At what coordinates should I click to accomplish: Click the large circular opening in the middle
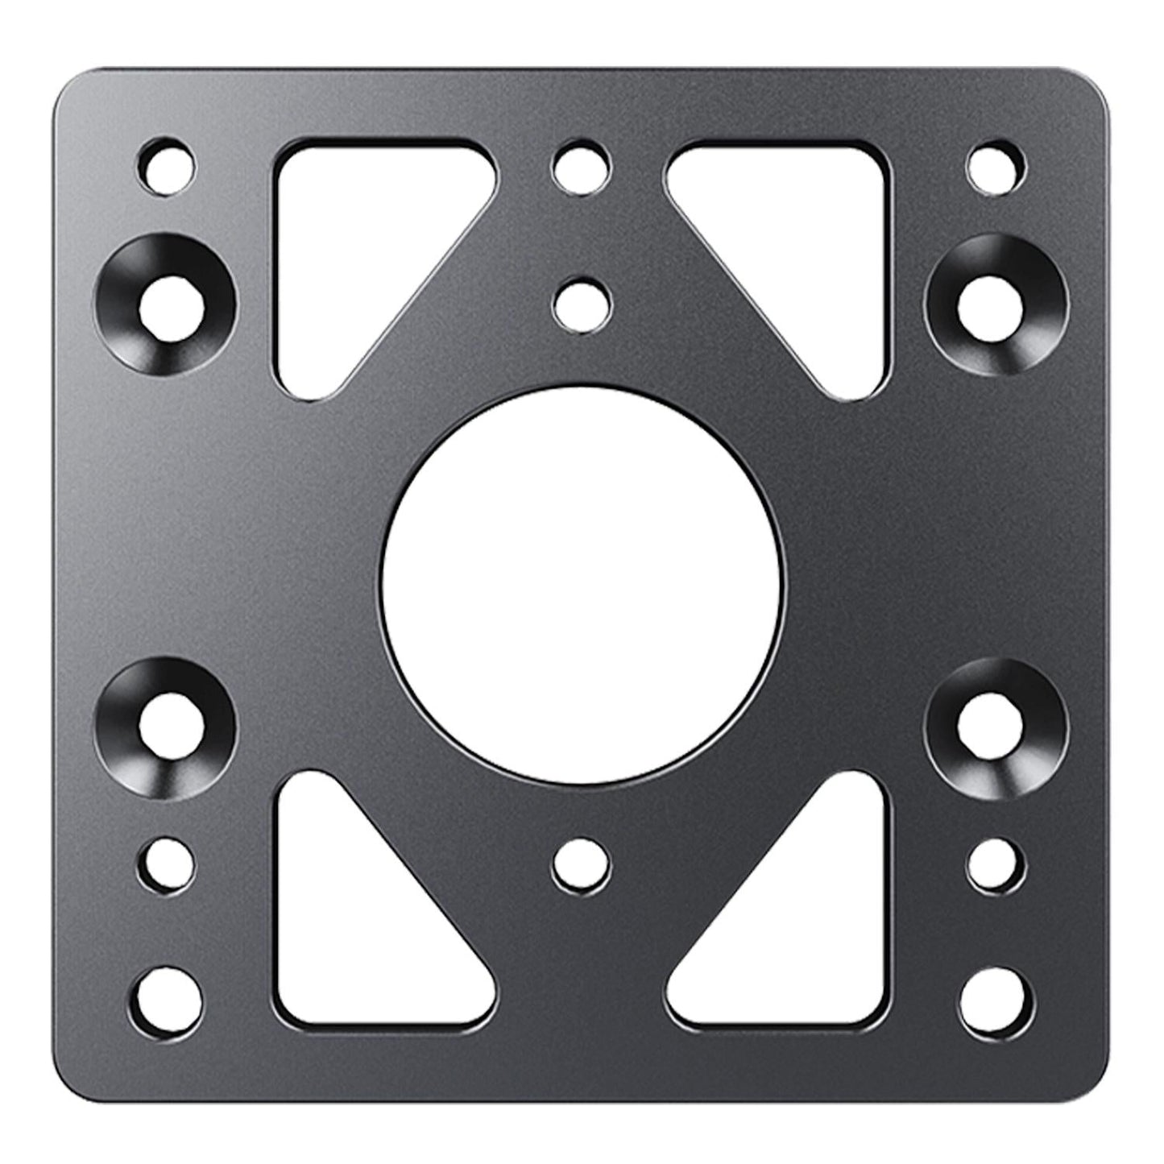point(582,582)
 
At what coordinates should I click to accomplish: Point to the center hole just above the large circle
point(582,303)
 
